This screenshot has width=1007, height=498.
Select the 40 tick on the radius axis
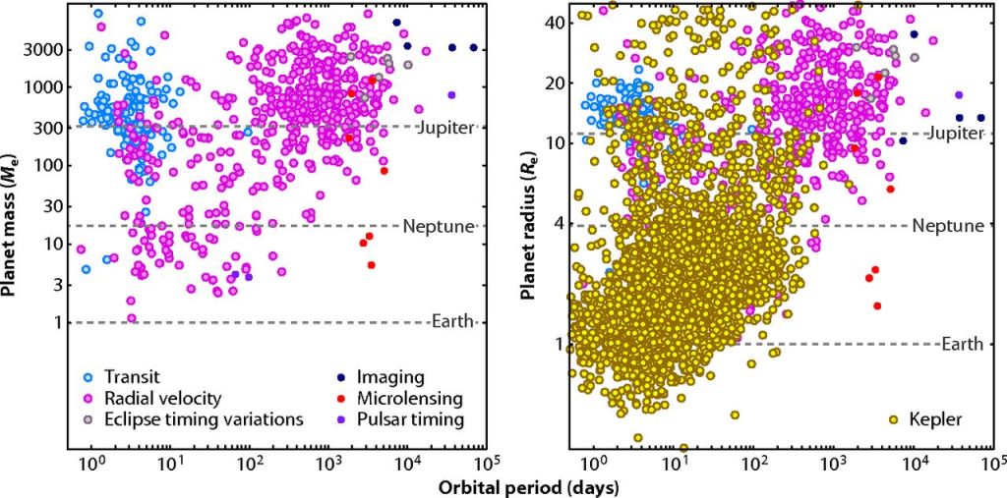(x=554, y=23)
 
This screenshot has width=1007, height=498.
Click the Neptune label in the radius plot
(x=948, y=226)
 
